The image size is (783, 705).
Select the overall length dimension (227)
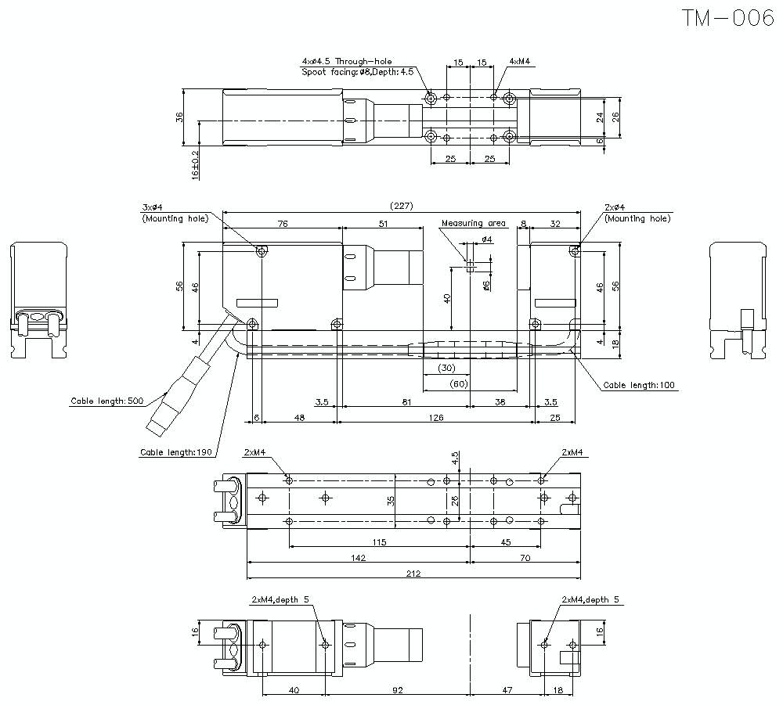point(401,206)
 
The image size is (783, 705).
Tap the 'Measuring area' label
point(473,223)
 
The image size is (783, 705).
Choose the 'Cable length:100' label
point(639,385)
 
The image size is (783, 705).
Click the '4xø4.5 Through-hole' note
point(347,61)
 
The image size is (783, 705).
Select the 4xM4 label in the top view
point(519,61)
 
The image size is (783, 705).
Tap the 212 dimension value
point(413,574)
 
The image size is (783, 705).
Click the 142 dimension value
point(357,558)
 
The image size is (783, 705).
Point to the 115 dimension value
point(379,542)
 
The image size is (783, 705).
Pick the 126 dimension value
point(435,418)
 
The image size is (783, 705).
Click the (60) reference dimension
point(459,383)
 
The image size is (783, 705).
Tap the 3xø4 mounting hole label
point(152,207)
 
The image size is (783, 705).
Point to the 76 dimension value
point(282,224)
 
